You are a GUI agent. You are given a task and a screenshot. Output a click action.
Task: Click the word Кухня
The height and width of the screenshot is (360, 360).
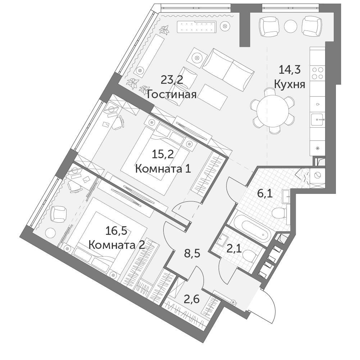290,84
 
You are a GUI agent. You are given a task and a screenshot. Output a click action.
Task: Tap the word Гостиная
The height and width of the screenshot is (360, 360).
172,94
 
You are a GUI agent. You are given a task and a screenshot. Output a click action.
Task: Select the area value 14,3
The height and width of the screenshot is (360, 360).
290,69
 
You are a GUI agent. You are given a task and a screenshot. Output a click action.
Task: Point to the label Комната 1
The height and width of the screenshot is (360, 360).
163,169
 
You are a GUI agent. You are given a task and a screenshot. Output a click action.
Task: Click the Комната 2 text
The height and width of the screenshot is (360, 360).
117,245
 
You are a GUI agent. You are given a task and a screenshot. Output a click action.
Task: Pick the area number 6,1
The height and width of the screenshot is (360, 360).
265,193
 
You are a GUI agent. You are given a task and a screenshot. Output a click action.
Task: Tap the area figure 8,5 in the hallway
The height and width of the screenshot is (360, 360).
192,254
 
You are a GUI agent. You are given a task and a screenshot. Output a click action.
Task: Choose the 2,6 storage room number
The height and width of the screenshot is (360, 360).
192,300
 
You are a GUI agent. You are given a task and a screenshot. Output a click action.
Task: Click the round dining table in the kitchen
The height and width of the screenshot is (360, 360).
273,111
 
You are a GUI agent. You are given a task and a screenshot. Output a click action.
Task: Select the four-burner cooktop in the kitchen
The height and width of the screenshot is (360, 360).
318,73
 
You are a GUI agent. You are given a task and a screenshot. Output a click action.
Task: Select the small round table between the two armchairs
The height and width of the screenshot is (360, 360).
291,26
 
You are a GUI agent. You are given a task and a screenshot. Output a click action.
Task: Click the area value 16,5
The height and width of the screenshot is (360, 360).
117,231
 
